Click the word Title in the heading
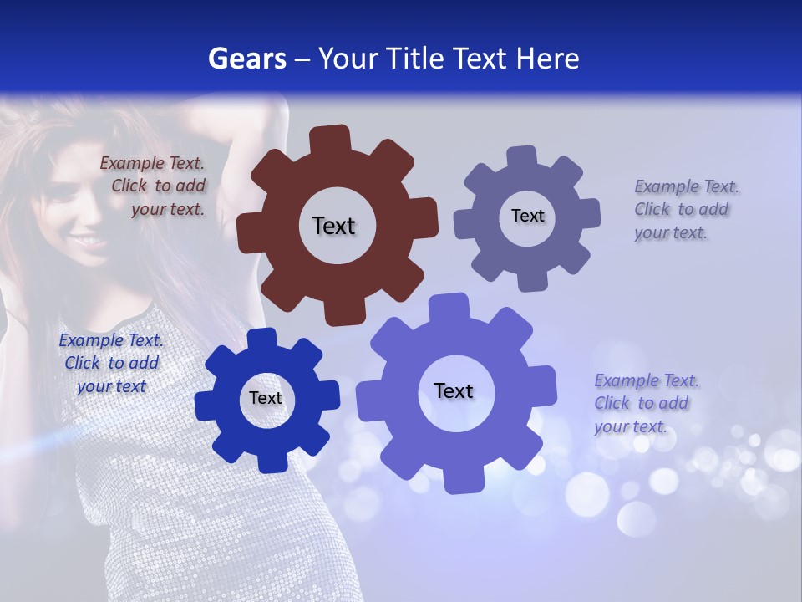pos(414,59)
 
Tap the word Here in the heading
pos(547,59)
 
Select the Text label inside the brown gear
pos(333,226)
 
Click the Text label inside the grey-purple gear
pos(527,216)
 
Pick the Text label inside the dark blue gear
pos(266,398)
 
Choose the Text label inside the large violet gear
pos(454,390)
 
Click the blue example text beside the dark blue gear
pos(111,364)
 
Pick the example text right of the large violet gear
pos(646,403)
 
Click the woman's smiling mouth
pos(84,241)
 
